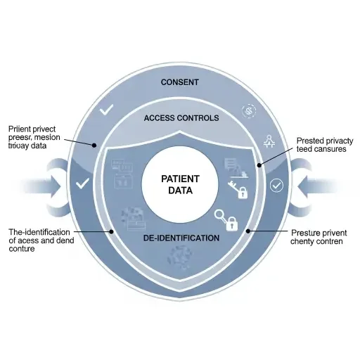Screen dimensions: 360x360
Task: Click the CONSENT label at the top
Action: pyautogui.click(x=180, y=82)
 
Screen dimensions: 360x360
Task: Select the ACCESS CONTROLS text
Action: pyautogui.click(x=181, y=118)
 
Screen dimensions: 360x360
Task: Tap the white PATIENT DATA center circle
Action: pyautogui.click(x=181, y=184)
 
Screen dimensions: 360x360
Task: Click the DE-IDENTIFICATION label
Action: pyautogui.click(x=181, y=238)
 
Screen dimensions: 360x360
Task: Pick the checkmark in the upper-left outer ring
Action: pyautogui.click(x=107, y=110)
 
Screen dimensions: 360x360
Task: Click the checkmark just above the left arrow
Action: pyautogui.click(x=82, y=184)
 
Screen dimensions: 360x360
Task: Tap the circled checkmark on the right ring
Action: pyautogui.click(x=276, y=185)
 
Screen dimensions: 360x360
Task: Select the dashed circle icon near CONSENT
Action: pyautogui.click(x=247, y=111)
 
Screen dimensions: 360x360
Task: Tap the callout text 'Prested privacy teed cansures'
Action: pyautogui.click(x=324, y=146)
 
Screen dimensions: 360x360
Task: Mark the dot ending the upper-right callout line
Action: pyautogui.click(x=259, y=165)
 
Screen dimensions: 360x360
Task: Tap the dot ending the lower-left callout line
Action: pyautogui.click(x=110, y=231)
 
